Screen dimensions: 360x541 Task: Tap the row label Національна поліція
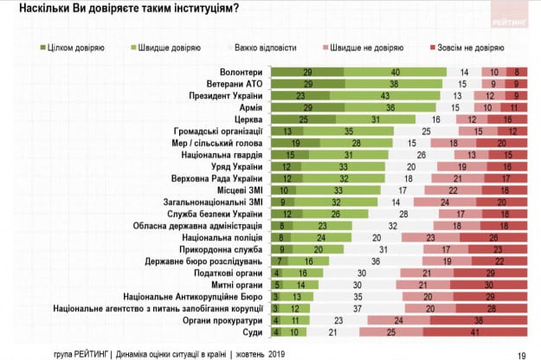click(x=222, y=236)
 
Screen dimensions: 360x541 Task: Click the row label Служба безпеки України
click(x=216, y=212)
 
